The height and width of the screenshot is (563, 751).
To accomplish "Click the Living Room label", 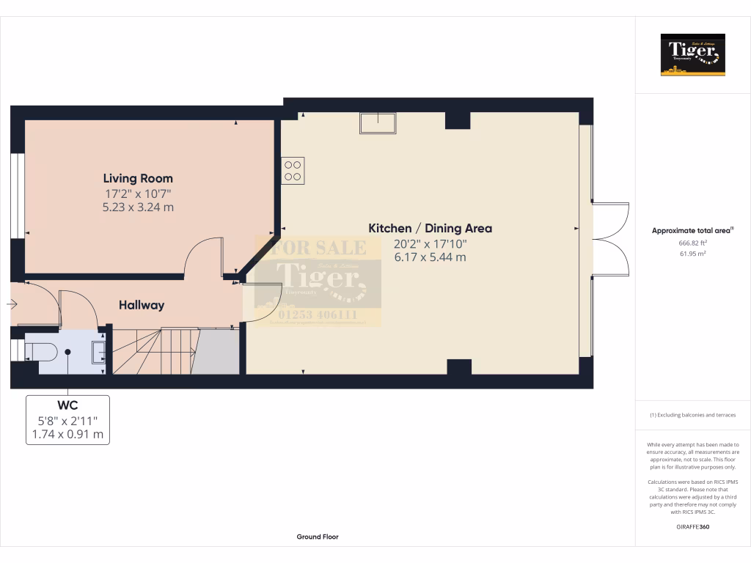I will (138, 178).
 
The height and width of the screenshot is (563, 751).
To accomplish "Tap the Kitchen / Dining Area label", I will (430, 228).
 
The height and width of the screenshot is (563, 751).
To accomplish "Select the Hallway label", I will (142, 305).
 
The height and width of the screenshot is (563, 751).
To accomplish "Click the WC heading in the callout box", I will (67, 405).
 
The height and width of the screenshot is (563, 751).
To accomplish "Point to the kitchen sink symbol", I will (378, 122).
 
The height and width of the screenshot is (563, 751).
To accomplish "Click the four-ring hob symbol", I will (293, 171).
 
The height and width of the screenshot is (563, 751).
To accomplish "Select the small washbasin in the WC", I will (99, 353).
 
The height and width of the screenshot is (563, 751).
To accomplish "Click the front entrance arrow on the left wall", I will (12, 303).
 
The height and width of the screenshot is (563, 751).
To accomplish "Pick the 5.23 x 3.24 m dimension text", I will (138, 207).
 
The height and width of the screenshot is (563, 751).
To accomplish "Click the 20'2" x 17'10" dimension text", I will (430, 243).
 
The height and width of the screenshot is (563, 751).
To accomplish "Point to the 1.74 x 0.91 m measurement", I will (67, 434).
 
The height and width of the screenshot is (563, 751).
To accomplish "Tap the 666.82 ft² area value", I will (693, 243).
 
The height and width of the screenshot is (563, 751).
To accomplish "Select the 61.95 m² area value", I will (693, 254).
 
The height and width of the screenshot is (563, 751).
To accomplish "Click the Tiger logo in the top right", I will (693, 54).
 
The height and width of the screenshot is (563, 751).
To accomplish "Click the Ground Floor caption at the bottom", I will (318, 537).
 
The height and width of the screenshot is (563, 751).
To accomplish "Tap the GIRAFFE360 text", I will (693, 527).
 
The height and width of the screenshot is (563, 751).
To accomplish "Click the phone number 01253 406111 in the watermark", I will (317, 315).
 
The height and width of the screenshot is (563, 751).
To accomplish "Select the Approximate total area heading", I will (692, 230).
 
